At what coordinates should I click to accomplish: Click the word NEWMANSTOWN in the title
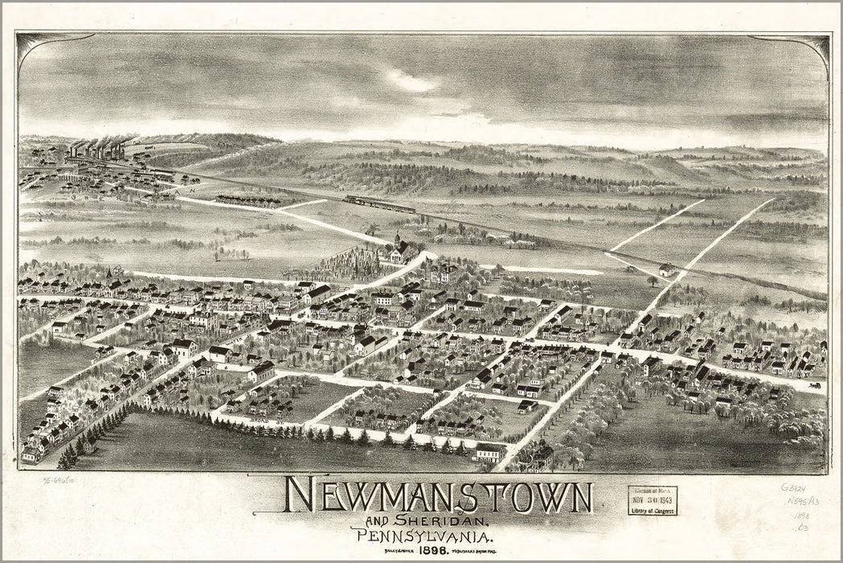[x=438, y=499]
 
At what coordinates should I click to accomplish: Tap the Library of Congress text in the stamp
[x=652, y=510]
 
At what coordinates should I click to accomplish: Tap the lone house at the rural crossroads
[x=666, y=269]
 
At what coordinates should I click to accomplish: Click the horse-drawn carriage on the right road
[x=815, y=384]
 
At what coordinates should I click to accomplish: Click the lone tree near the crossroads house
[x=652, y=281]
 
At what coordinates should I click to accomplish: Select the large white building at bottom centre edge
[x=489, y=453]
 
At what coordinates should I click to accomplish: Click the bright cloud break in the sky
[x=410, y=81]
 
